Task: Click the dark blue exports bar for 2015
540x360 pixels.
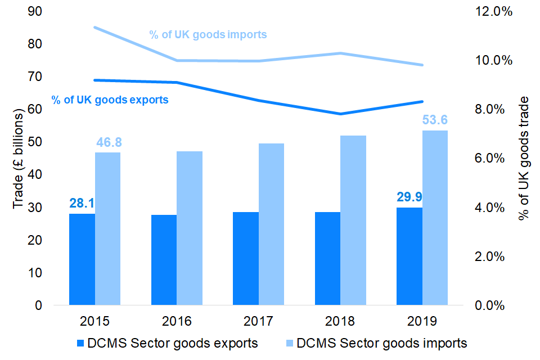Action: click(x=82, y=259)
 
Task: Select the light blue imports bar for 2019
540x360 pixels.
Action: click(x=435, y=218)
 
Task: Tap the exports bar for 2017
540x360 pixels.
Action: click(x=246, y=258)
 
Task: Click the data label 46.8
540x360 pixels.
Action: click(x=108, y=142)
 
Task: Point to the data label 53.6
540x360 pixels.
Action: click(x=435, y=120)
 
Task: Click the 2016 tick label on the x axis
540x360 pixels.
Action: click(x=177, y=321)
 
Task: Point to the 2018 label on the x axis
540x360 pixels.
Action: click(x=340, y=321)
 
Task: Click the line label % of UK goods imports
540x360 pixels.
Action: click(x=208, y=34)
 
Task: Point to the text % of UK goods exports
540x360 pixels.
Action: click(x=110, y=100)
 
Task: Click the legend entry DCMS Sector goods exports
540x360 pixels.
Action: click(x=167, y=343)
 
